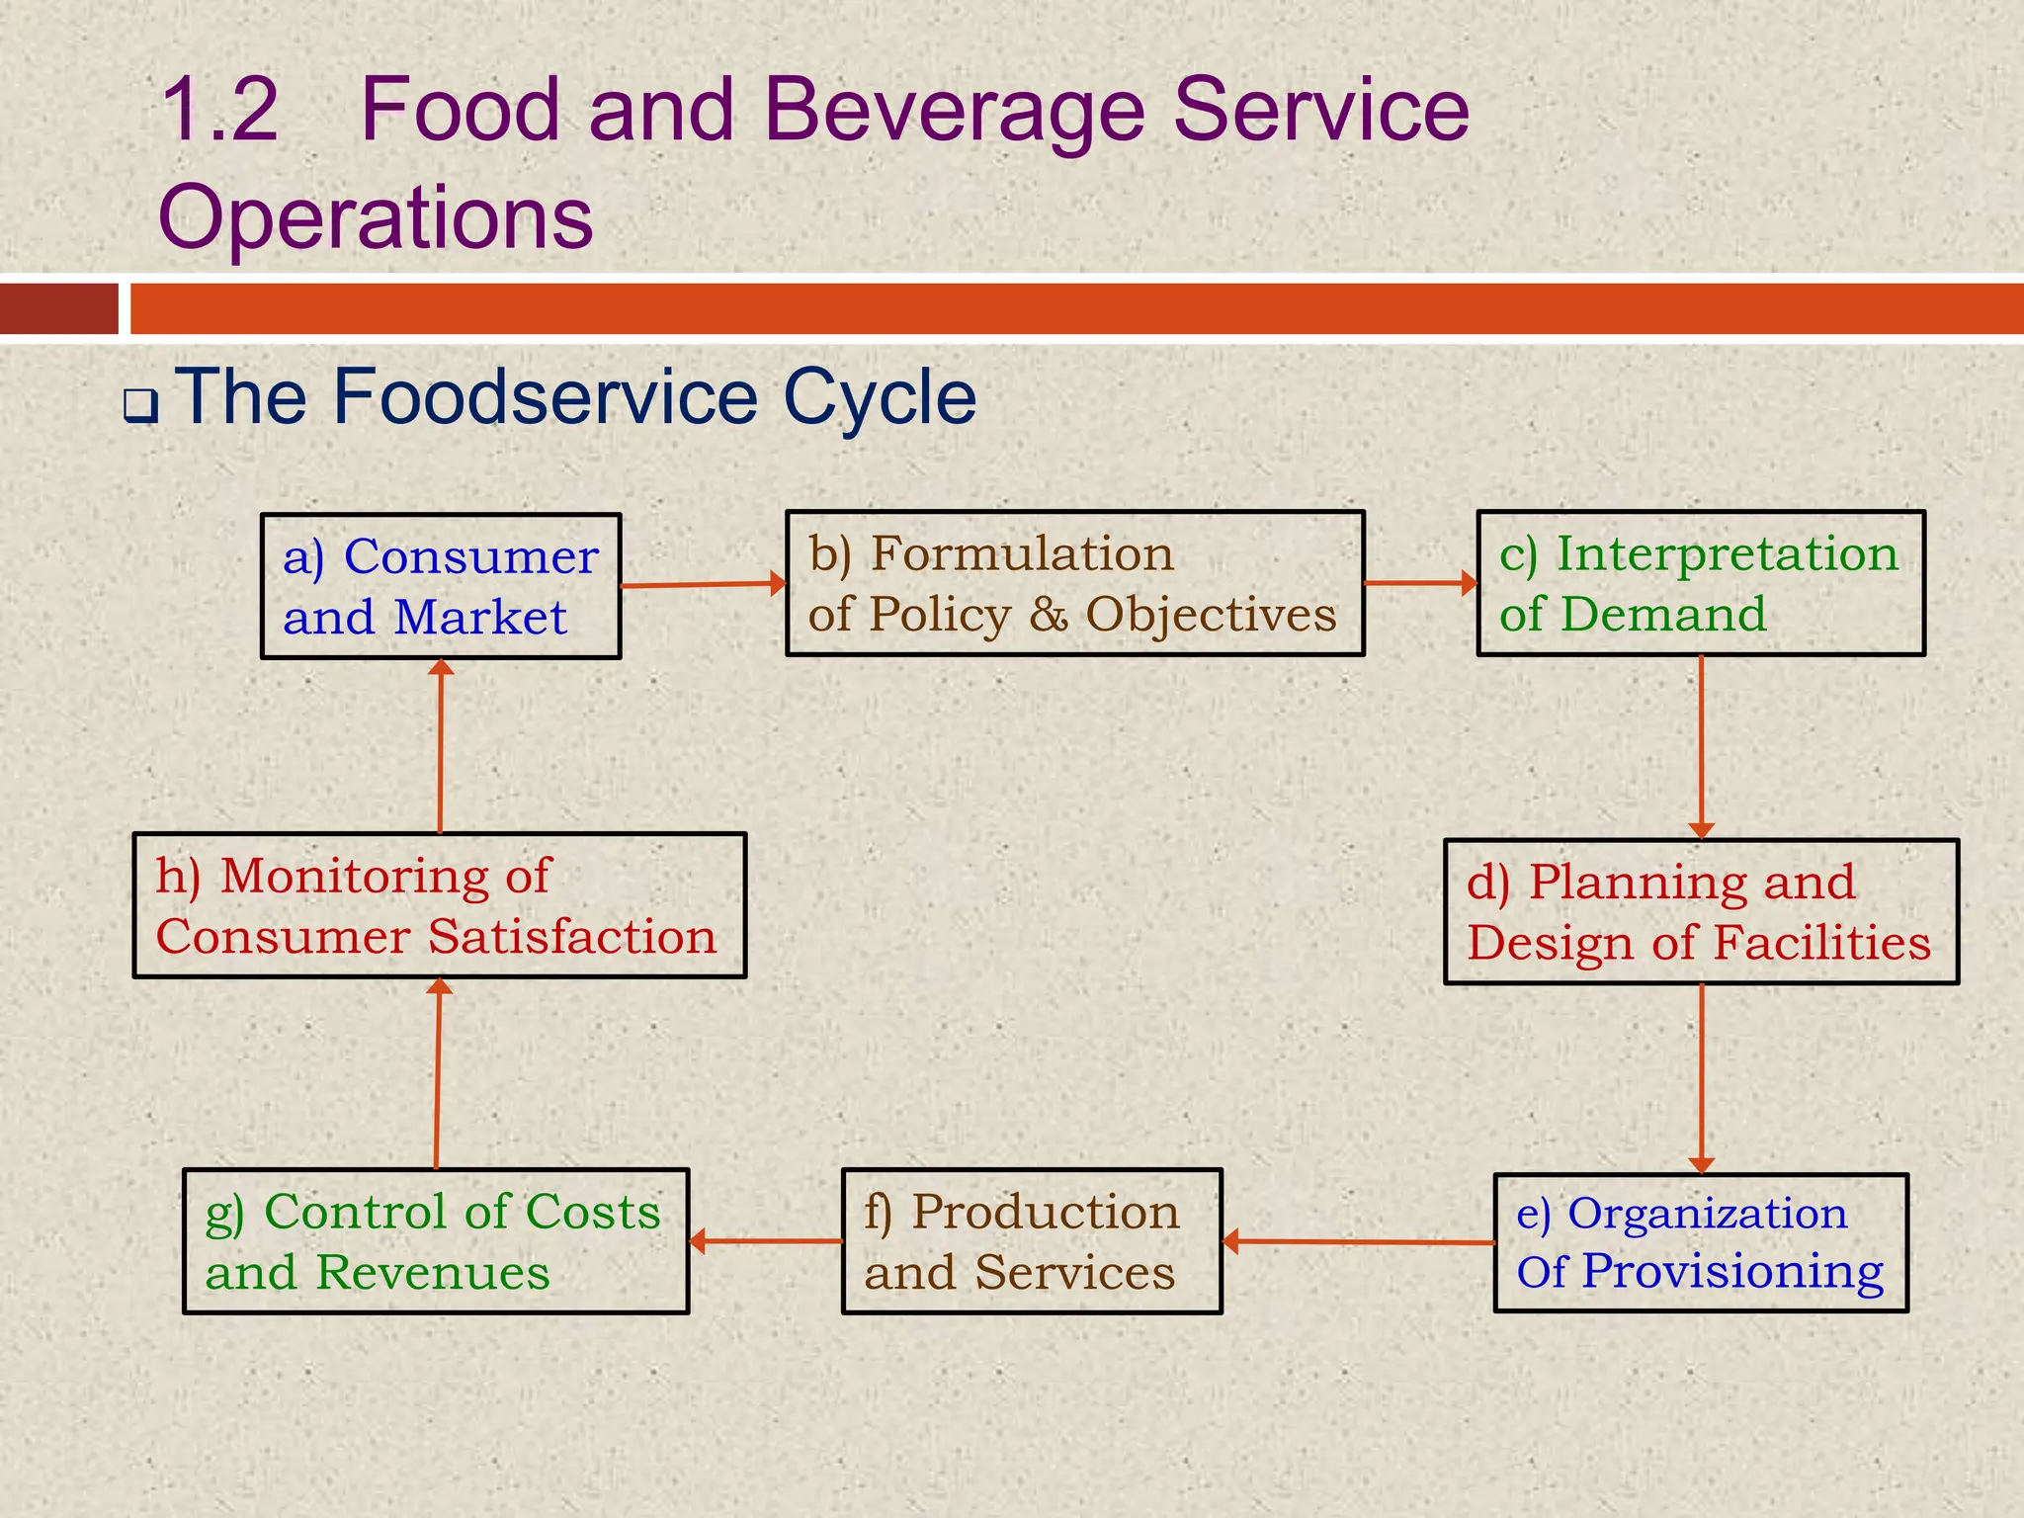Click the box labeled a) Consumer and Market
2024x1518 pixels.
coord(441,586)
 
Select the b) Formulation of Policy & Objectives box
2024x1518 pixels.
coord(1075,583)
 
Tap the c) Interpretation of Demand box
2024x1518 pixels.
coord(1701,583)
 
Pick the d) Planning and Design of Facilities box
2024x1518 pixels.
coord(1701,911)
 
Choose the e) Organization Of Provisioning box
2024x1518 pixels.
coord(1701,1242)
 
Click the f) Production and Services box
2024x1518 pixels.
coord(1032,1241)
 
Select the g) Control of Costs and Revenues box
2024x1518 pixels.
coord(436,1241)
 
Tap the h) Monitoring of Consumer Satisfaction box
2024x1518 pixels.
coord(440,905)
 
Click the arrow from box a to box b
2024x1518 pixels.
coord(703,584)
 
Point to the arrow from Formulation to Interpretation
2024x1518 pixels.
coord(1420,583)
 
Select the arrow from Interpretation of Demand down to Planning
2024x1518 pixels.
coord(1701,746)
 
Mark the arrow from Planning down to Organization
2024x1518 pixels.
coord(1701,1077)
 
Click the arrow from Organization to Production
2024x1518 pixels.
coord(1358,1242)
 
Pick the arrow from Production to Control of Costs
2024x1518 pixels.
coord(765,1241)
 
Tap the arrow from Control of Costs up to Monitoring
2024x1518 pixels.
coord(438,1073)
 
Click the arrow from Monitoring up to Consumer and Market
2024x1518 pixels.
coord(441,746)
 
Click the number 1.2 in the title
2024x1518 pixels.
coord(219,109)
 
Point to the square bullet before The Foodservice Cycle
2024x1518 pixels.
coord(140,404)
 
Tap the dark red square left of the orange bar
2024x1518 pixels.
coord(58,308)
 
